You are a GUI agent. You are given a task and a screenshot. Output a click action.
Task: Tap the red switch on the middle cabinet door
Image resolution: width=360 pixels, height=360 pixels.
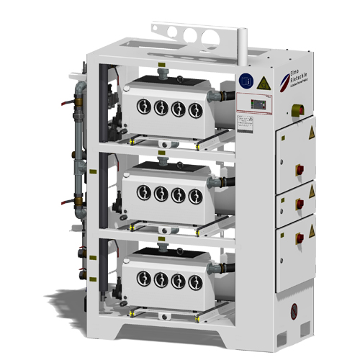pyautogui.click(x=301, y=211)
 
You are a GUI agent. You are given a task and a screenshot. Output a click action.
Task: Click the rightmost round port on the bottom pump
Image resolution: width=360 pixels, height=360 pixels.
pyautogui.click(x=194, y=282)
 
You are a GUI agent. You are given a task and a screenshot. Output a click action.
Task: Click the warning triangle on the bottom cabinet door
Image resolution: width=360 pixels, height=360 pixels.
pyautogui.click(x=311, y=232)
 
